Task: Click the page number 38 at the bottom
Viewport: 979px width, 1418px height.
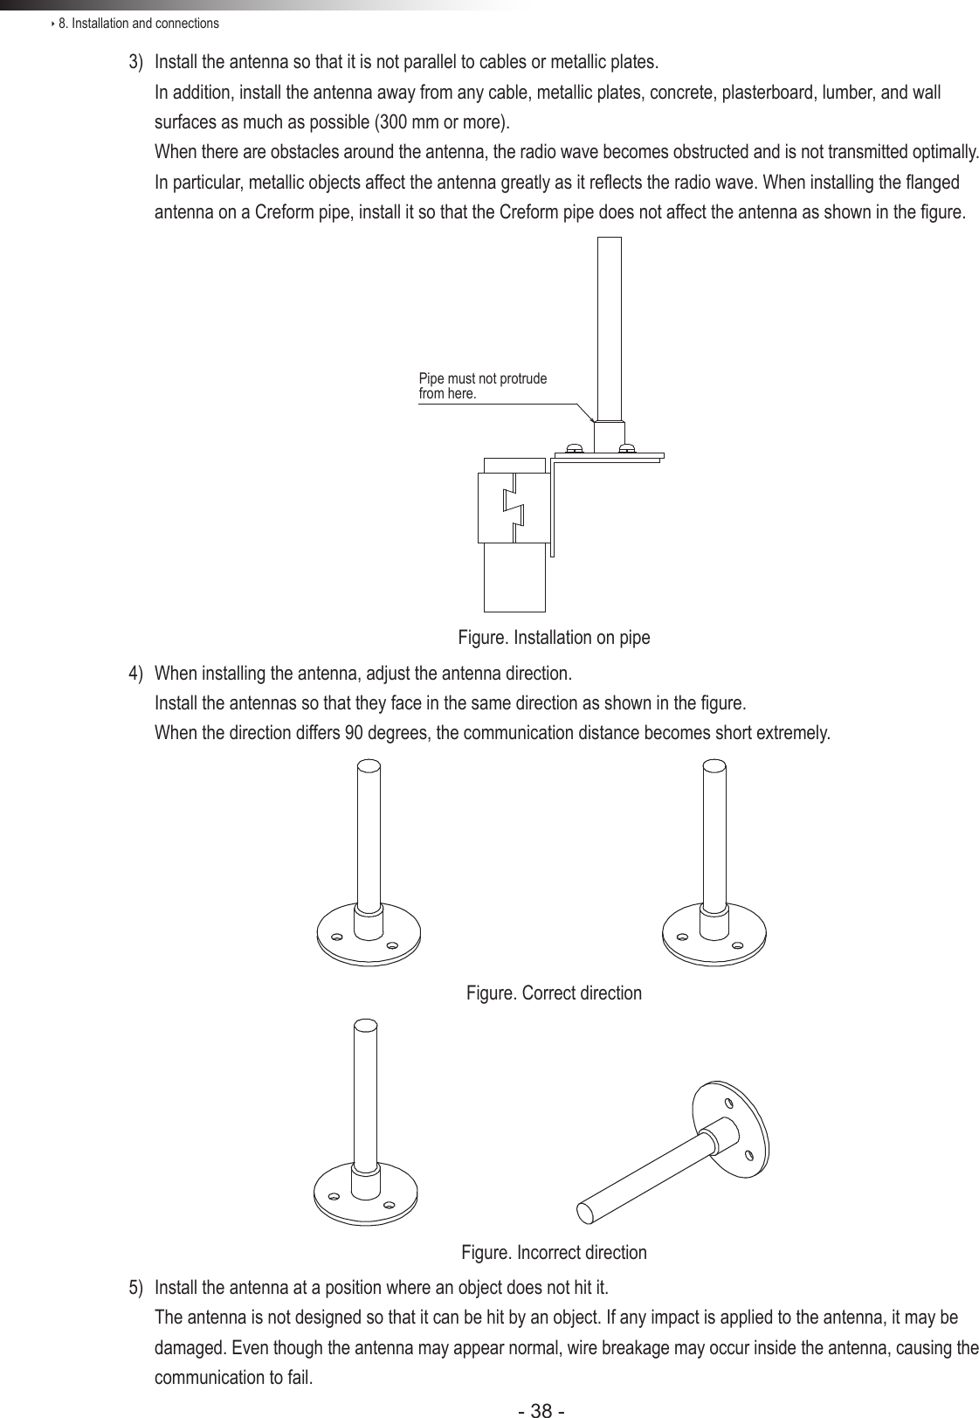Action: point(541,1408)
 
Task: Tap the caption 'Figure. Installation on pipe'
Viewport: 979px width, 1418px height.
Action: point(554,638)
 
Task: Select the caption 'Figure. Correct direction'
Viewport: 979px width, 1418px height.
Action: point(554,993)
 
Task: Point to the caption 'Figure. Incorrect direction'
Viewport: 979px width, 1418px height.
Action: point(554,1253)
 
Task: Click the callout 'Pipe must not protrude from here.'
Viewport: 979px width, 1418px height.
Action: point(482,386)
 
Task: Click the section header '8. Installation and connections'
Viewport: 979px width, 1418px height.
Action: point(138,23)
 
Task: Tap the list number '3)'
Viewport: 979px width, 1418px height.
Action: point(136,64)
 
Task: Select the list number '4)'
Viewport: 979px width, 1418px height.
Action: point(136,674)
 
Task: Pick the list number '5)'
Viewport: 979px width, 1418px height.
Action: point(136,1288)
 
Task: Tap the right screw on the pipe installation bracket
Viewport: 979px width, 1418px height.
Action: point(626,448)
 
